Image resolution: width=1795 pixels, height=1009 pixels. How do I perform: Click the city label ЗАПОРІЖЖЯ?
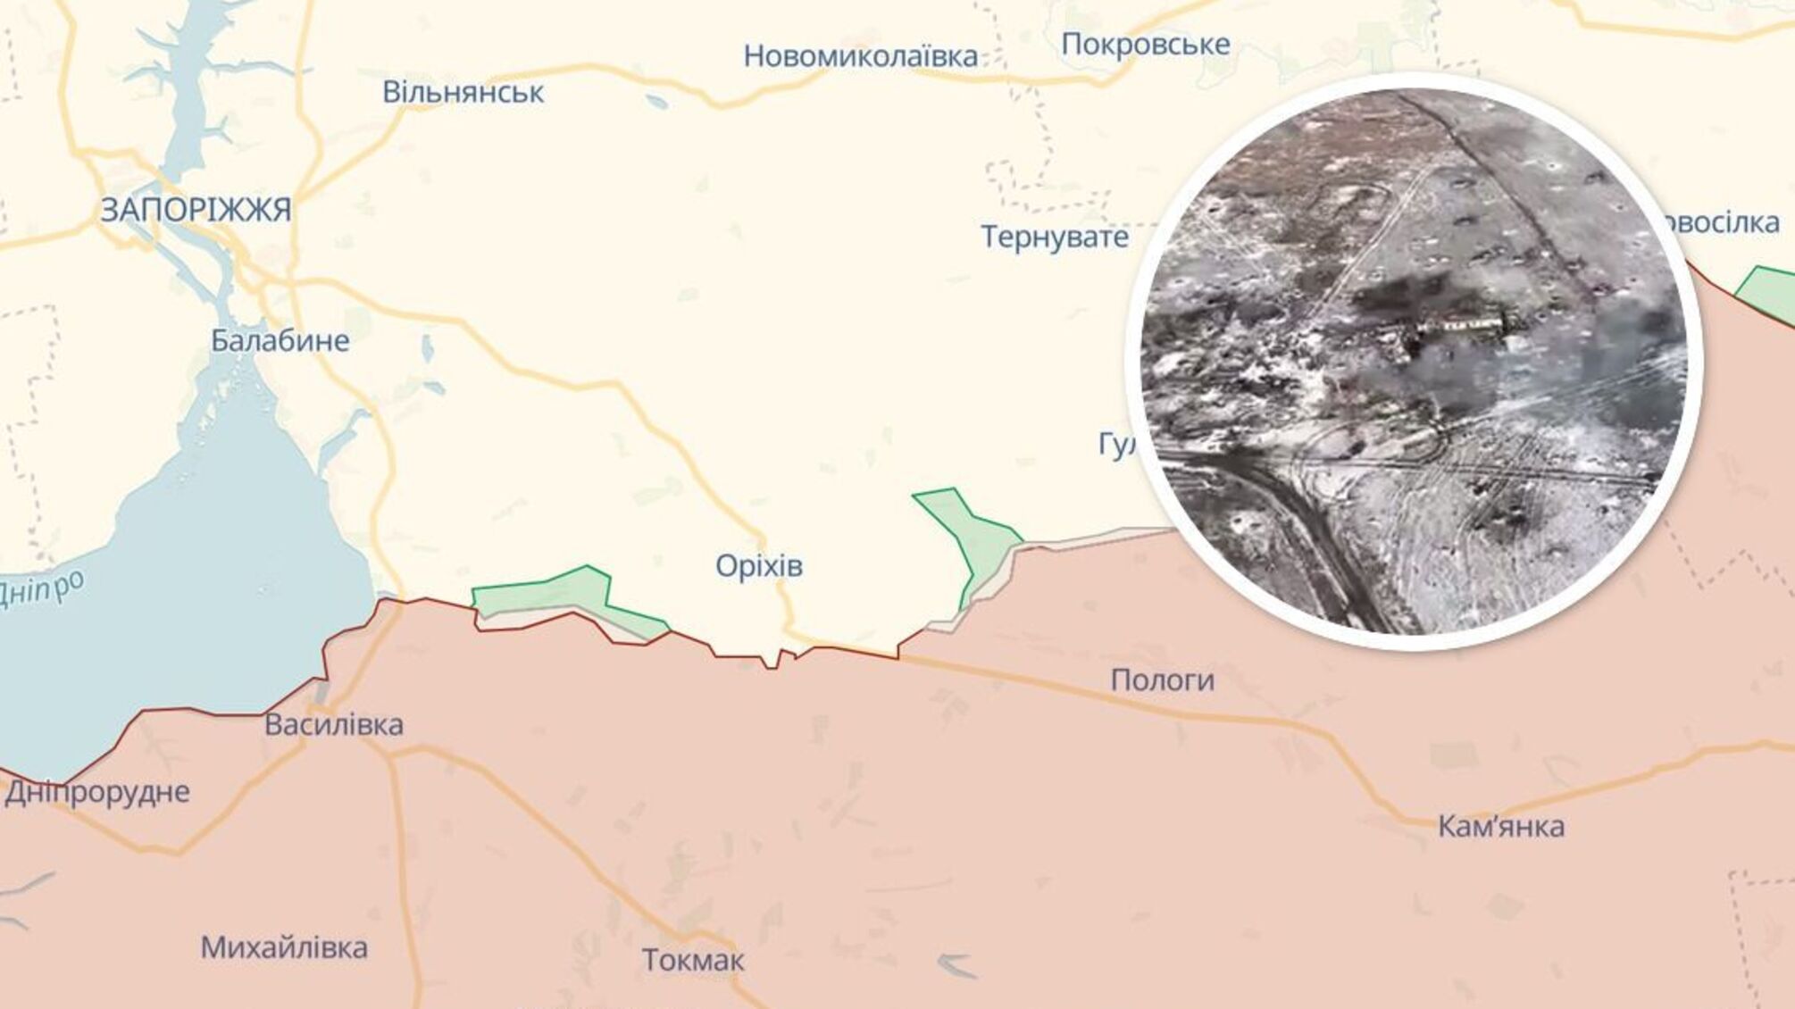tap(196, 210)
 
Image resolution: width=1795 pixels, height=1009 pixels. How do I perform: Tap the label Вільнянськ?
tap(463, 92)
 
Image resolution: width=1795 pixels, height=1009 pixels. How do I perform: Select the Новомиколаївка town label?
tap(860, 56)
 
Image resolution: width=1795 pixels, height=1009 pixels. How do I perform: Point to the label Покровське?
tap(1145, 44)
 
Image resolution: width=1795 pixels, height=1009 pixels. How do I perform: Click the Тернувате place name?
tap(1055, 237)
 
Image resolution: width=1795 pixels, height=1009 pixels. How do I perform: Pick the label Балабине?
tap(280, 340)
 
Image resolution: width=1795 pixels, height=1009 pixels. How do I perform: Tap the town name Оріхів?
tap(759, 565)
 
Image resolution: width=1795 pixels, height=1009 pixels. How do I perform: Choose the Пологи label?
tap(1162, 680)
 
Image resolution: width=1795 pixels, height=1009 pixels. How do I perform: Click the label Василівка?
tap(334, 724)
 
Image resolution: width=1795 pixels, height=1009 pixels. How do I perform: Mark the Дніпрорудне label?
tap(97, 792)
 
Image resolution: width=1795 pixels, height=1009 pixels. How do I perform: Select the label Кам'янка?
tap(1500, 826)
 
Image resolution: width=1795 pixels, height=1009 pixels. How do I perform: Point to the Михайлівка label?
tap(284, 947)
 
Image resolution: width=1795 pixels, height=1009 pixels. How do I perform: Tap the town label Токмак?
tap(693, 961)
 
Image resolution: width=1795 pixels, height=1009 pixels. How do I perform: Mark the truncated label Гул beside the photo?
tap(1116, 445)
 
